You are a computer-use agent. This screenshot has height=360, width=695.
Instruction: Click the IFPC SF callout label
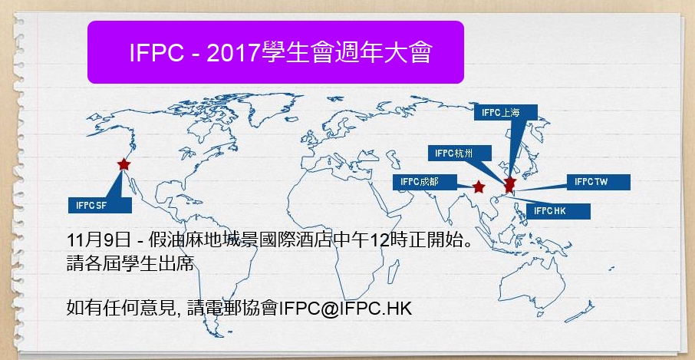[100, 205]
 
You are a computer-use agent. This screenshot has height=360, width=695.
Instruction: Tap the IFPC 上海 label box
[506, 113]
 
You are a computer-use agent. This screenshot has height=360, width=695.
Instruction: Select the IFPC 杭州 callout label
[459, 154]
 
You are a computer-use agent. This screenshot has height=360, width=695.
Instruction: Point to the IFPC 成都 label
[425, 182]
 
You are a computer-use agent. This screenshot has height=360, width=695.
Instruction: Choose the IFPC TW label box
[598, 182]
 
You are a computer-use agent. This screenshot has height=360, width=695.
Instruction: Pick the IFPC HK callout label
[558, 211]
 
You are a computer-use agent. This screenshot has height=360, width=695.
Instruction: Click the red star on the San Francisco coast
[124, 164]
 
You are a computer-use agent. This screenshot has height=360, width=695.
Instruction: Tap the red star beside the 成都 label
[478, 187]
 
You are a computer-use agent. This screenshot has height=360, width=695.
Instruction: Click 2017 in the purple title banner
[232, 53]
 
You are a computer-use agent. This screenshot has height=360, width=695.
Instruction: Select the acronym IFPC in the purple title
[156, 53]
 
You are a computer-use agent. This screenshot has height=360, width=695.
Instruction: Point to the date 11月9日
[98, 242]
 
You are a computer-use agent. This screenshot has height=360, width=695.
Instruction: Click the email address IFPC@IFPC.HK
[345, 308]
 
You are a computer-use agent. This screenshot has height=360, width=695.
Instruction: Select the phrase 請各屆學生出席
[130, 264]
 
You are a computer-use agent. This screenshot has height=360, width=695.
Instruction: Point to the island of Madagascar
[394, 271]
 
